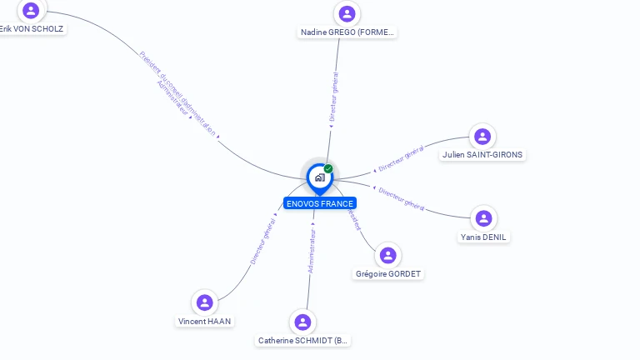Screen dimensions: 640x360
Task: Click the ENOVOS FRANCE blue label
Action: pyautogui.click(x=319, y=203)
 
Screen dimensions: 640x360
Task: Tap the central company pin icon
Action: pyautogui.click(x=318, y=177)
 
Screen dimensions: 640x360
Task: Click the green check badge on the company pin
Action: pyautogui.click(x=328, y=169)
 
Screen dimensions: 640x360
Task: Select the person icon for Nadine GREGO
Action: pyautogui.click(x=347, y=14)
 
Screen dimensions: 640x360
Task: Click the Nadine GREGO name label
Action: pyautogui.click(x=347, y=32)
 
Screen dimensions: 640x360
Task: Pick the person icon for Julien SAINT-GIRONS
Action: pyautogui.click(x=482, y=137)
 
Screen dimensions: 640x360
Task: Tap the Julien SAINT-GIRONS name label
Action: pyautogui.click(x=483, y=155)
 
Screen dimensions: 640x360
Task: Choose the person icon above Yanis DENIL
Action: pyautogui.click(x=483, y=218)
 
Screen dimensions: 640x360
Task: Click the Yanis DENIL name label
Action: pyautogui.click(x=483, y=237)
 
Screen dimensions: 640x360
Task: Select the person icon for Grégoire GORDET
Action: pyautogui.click(x=388, y=255)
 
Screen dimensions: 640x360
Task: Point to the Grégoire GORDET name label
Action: pyautogui.click(x=388, y=274)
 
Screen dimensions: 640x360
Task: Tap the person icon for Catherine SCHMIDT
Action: pyautogui.click(x=303, y=322)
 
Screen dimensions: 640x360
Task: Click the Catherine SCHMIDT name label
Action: pyautogui.click(x=303, y=341)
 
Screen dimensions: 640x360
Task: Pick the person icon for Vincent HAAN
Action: pyautogui.click(x=205, y=302)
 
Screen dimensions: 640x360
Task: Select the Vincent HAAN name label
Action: pyautogui.click(x=205, y=322)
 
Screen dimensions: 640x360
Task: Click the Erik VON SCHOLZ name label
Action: pyautogui.click(x=32, y=28)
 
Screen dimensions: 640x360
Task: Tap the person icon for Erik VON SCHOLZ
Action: pyautogui.click(x=32, y=10)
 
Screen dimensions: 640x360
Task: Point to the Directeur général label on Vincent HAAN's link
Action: pyautogui.click(x=263, y=241)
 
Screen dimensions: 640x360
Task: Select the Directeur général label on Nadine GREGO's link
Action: pyautogui.click(x=334, y=97)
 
